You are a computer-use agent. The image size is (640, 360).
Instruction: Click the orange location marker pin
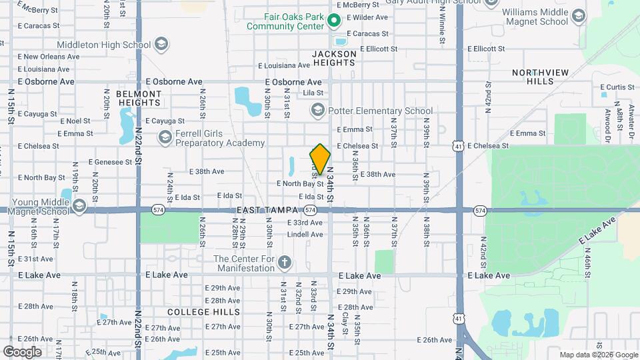[x=320, y=159]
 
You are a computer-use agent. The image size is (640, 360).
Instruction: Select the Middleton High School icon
[x=160, y=45]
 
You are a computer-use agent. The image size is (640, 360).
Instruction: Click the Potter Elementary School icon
[x=317, y=111]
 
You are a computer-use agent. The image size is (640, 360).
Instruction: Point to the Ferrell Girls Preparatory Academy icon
[x=165, y=137]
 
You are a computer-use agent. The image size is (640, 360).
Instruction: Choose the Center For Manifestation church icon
[x=285, y=261]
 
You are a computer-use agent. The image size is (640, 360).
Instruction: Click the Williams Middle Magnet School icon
[x=579, y=15]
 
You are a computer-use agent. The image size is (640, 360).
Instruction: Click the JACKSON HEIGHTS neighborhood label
[x=334, y=58]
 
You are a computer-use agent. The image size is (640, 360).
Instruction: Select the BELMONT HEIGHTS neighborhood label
[x=139, y=98]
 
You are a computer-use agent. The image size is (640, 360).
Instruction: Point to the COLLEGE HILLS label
[x=194, y=312]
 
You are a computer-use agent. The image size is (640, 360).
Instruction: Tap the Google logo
[x=22, y=351]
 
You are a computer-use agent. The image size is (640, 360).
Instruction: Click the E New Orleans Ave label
[x=42, y=57]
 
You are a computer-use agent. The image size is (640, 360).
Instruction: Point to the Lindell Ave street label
[x=305, y=235]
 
